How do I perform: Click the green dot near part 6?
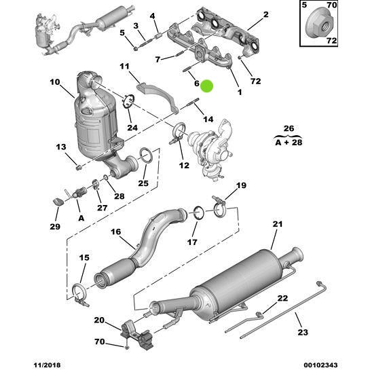coord(207,86)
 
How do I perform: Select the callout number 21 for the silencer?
coord(276,225)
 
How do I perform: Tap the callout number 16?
coord(116,232)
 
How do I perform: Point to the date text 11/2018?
coord(20,363)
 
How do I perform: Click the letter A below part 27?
coord(81,218)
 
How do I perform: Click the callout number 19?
coord(240,185)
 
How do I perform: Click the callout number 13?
coord(61,148)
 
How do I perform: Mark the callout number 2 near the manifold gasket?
coord(265,14)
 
